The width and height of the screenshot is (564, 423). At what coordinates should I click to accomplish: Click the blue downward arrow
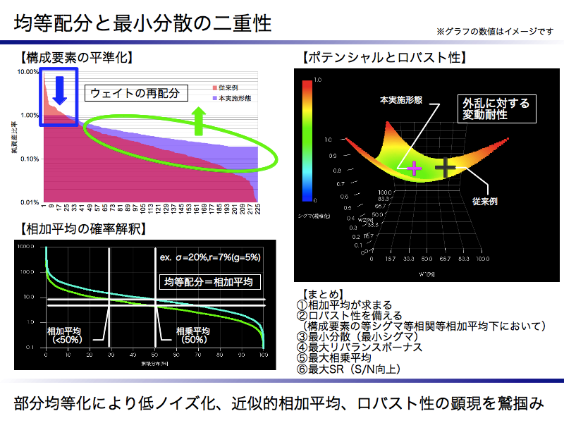(59, 89)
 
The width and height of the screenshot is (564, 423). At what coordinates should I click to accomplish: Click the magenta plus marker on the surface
(413, 168)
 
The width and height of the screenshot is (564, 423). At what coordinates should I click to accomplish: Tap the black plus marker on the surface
(446, 167)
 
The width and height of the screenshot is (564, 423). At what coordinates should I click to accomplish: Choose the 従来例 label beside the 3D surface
(485, 201)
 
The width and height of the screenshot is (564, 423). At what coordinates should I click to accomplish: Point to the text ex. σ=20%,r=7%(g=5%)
(209, 258)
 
